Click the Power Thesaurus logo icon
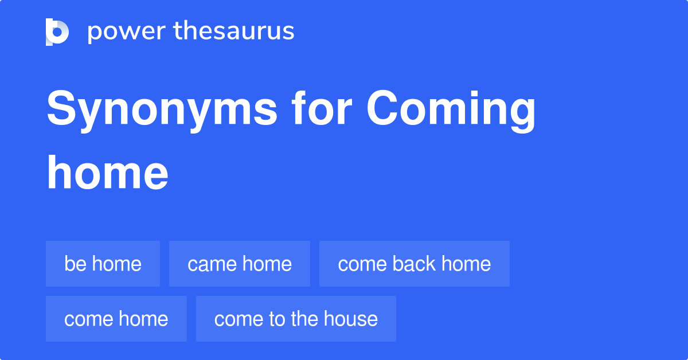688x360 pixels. [x=57, y=32]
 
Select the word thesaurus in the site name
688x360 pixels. [x=234, y=32]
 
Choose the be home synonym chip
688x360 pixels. [x=103, y=264]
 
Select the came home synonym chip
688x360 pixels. [x=240, y=264]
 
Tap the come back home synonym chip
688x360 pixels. [x=414, y=264]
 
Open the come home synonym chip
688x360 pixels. [x=116, y=319]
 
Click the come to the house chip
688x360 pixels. [x=296, y=319]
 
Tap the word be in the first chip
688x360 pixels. [x=75, y=264]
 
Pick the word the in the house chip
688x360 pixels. [x=304, y=319]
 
